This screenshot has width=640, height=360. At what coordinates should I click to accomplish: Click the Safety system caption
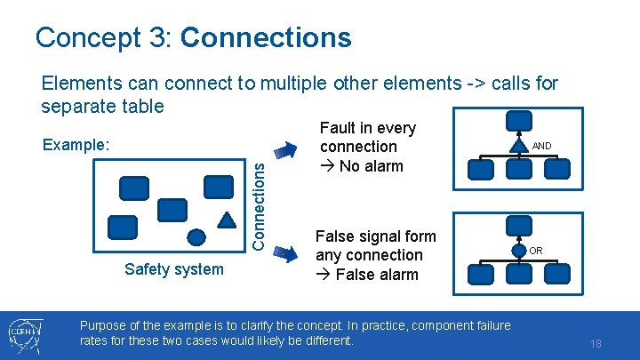click(x=174, y=268)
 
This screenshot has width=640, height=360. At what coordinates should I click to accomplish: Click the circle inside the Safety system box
click(x=198, y=236)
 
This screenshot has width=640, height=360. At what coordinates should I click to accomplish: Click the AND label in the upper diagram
click(x=542, y=146)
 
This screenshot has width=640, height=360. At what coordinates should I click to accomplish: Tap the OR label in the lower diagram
click(x=536, y=251)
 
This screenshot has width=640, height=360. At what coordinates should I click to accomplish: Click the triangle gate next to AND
click(x=519, y=145)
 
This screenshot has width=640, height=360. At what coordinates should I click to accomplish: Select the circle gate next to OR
click(x=519, y=250)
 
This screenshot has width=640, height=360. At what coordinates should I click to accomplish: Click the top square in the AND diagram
click(x=519, y=123)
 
